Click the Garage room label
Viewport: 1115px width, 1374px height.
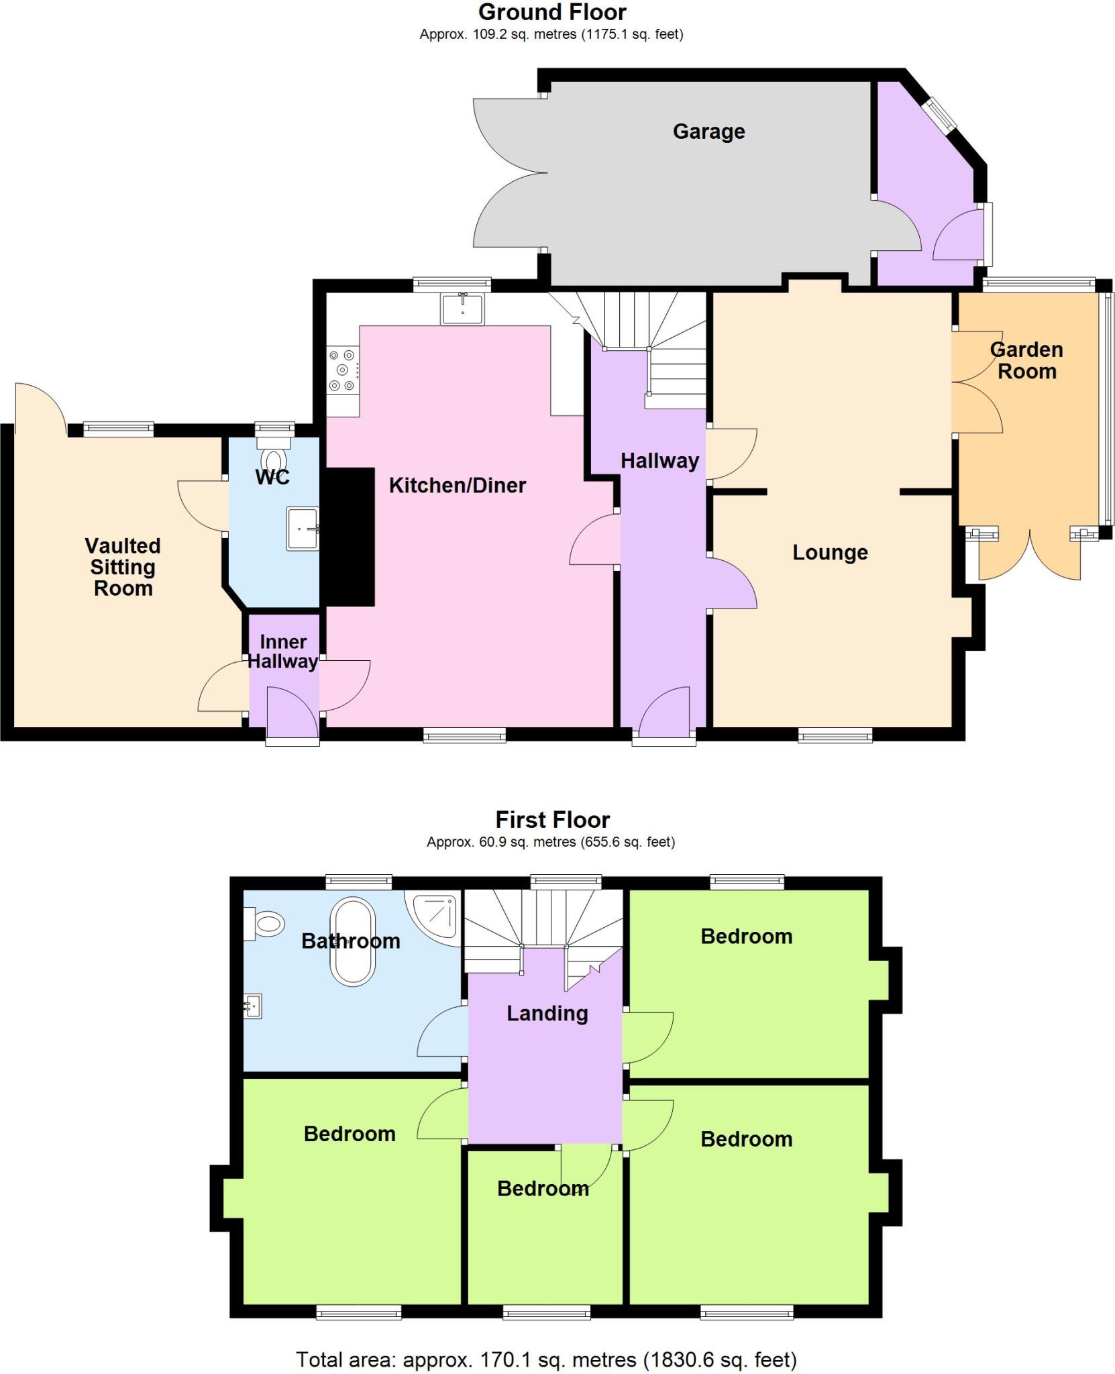pos(708,131)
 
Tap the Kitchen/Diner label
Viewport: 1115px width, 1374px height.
pos(457,485)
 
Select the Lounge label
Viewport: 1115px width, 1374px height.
pos(830,552)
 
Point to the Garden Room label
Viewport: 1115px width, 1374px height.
pos(1026,360)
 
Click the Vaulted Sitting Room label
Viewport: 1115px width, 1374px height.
pos(123,567)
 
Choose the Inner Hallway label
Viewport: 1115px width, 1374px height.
pos(283,651)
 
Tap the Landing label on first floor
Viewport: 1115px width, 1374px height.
pos(547,1013)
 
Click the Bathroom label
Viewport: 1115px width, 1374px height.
pos(350,941)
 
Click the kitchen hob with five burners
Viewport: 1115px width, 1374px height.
pos(343,370)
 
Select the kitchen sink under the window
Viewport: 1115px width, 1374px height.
pos(462,309)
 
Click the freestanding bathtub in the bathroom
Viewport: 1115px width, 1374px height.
pos(352,941)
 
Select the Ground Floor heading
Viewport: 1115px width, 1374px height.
pos(552,12)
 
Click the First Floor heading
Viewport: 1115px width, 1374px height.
pos(552,820)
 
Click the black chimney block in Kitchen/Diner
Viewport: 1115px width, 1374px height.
pos(349,537)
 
